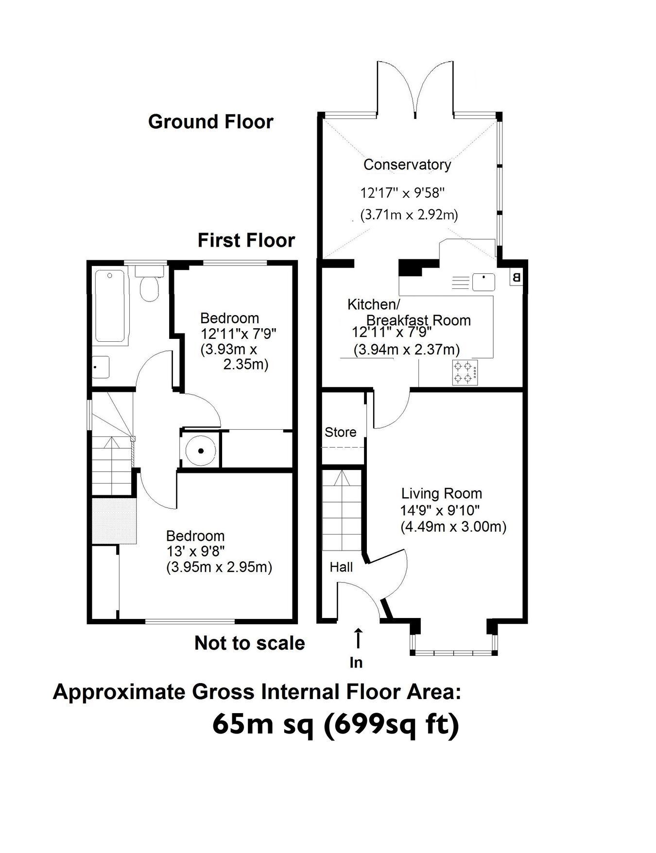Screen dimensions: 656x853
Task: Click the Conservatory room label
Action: (x=407, y=165)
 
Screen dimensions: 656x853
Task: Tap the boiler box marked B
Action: (x=516, y=278)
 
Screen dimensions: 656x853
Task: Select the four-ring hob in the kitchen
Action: (x=465, y=372)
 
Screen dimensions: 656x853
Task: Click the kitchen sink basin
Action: (x=483, y=282)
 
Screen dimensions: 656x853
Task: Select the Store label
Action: (x=340, y=432)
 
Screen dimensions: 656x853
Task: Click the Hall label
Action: (x=341, y=567)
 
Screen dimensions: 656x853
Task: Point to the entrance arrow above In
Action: (x=358, y=639)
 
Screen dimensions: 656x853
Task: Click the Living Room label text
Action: (x=441, y=494)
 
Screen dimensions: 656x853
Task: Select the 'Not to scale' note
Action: (x=250, y=643)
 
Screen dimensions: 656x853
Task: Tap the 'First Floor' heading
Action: (x=246, y=240)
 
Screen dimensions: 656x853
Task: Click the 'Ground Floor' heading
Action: (x=211, y=121)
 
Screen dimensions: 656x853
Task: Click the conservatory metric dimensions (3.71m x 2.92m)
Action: (x=409, y=215)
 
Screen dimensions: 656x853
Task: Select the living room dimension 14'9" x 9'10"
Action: (x=440, y=510)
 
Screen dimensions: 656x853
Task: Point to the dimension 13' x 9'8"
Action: (x=195, y=552)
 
